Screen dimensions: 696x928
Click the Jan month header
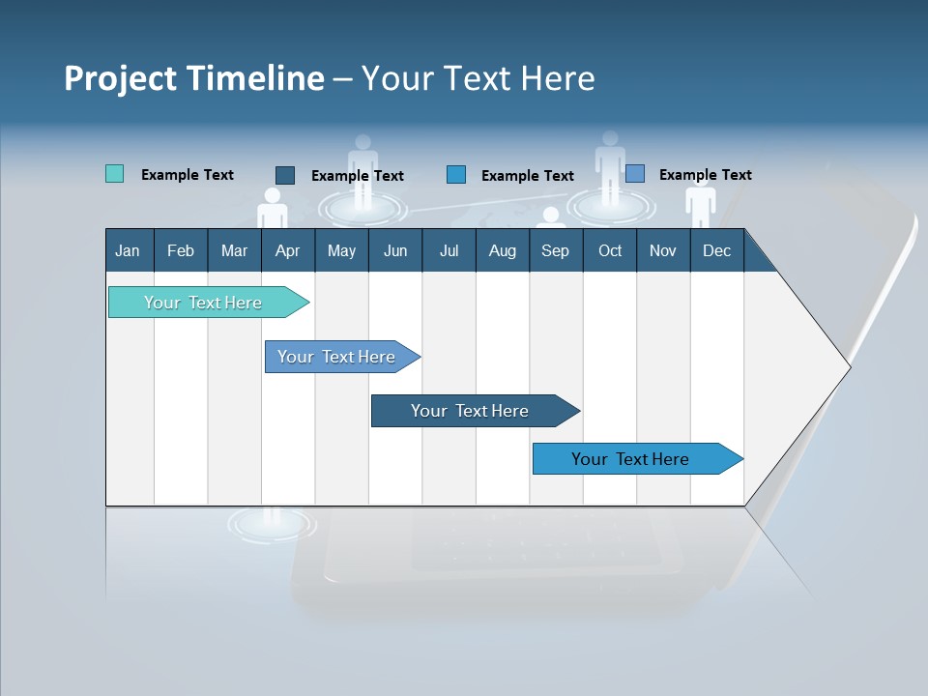click(128, 250)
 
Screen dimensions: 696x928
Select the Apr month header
click(287, 250)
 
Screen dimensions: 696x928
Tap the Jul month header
click(449, 250)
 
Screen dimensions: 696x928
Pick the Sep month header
click(555, 250)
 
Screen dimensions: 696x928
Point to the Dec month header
click(716, 250)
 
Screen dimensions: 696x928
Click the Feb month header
click(181, 250)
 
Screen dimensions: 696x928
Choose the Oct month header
click(610, 250)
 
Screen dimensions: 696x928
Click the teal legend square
click(114, 174)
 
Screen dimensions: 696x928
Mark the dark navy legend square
click(285, 175)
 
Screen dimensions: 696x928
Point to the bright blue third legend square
click(456, 175)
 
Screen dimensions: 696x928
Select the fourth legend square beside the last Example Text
click(635, 174)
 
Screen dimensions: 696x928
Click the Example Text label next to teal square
click(188, 175)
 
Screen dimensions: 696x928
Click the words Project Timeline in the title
click(194, 78)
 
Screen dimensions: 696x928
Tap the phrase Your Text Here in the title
click(478, 78)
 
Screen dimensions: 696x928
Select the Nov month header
click(663, 250)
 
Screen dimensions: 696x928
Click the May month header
click(341, 250)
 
